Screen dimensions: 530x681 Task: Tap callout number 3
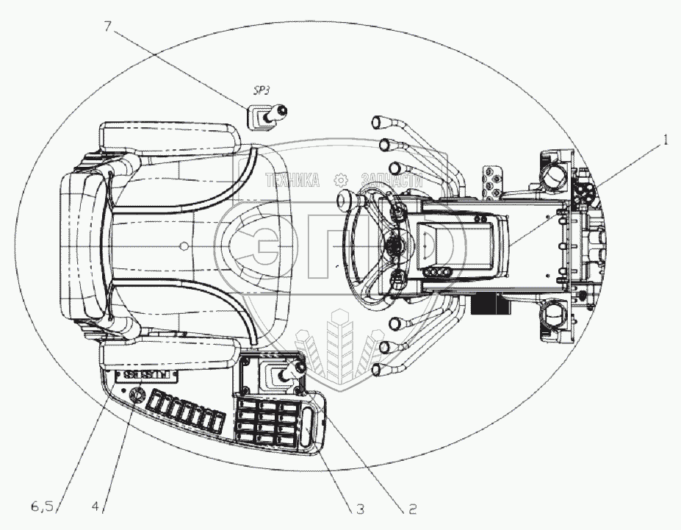pyautogui.click(x=359, y=507)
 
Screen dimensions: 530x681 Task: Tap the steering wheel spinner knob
pyautogui.click(x=345, y=200)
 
